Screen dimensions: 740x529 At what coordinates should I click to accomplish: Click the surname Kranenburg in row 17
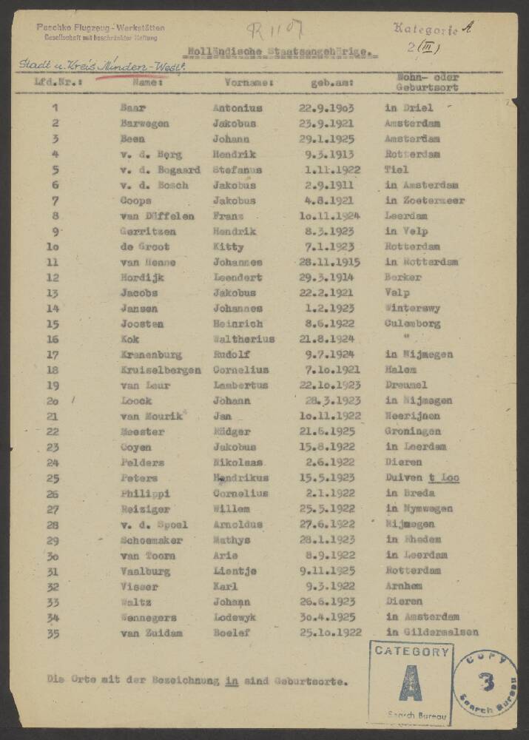pos(151,354)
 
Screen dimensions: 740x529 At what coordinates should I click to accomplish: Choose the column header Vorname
pos(249,83)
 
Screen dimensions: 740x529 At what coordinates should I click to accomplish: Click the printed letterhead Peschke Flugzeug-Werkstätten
pos(101,27)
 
